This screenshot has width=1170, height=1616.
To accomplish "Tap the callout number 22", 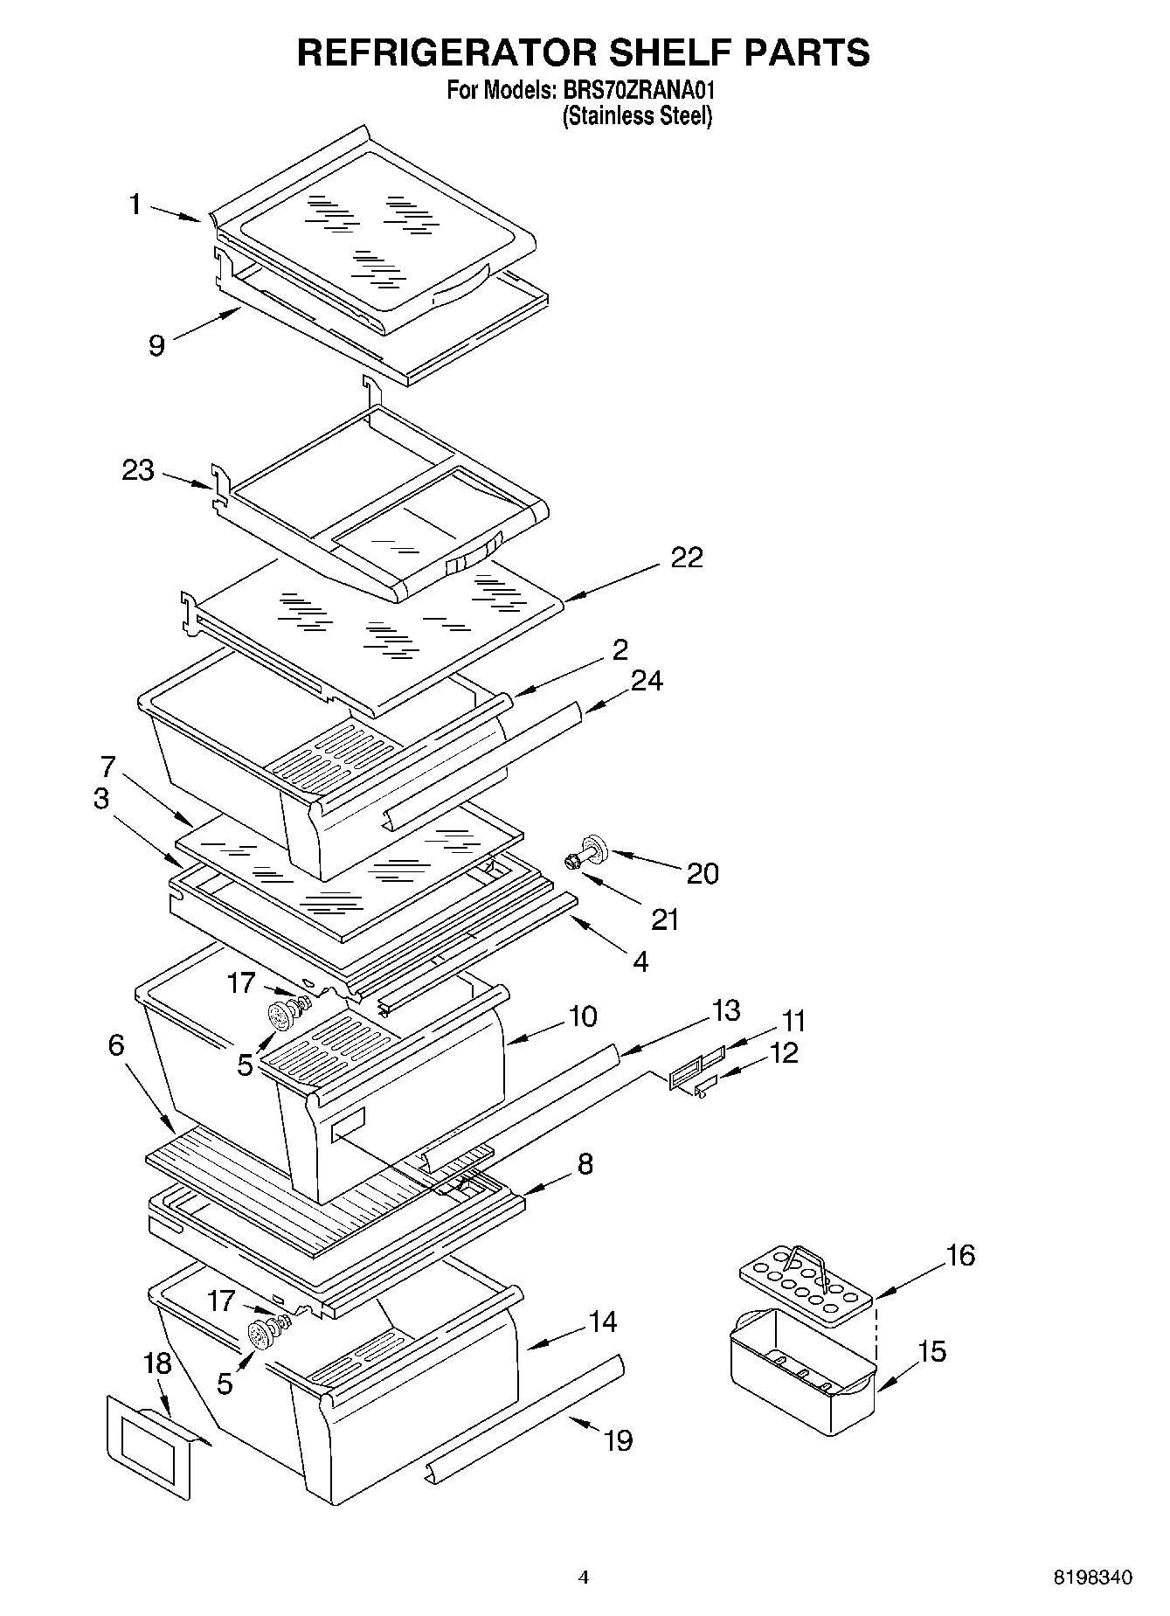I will coord(686,558).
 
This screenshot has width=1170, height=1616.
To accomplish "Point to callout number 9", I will coord(156,346).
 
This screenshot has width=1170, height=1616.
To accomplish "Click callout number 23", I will coord(138,471).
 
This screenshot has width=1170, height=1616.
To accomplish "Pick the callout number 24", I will coord(647,680).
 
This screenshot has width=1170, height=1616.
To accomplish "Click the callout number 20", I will coord(702,873).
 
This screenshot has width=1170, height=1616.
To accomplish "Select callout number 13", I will coord(726,1010).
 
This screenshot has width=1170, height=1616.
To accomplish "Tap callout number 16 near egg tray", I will coord(959,1256).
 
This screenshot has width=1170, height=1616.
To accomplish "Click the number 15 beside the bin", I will coord(932,1351).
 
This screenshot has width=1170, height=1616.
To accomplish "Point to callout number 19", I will coord(618,1439).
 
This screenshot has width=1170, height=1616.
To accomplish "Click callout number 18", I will coord(158,1364).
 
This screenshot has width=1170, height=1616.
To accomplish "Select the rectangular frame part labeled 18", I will coord(149,1446).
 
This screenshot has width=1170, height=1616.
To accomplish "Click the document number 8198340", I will coord(1091,1578).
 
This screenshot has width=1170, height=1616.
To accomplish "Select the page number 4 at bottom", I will coord(584,1578).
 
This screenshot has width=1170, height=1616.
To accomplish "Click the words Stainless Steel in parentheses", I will coord(637,115).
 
